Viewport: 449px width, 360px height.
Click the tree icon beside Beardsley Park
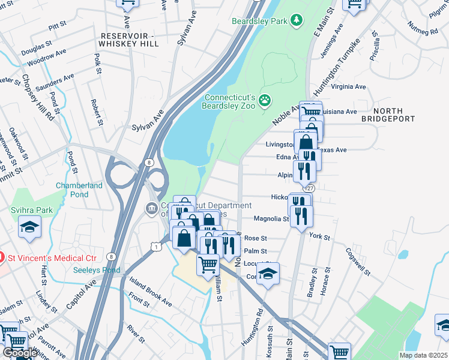pos(295,21)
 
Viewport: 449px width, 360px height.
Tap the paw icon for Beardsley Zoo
pos(265,103)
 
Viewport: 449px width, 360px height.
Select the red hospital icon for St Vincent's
pos(2,258)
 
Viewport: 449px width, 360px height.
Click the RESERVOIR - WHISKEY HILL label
pos(128,40)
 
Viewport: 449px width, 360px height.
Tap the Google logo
pos(19,353)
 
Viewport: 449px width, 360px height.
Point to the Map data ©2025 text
pos(423,355)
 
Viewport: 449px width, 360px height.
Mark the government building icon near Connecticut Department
pos(150,209)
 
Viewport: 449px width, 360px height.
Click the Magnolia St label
pos(271,219)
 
